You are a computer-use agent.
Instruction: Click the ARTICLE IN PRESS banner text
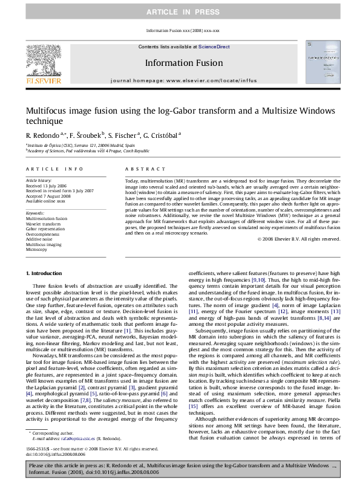tap(180, 11)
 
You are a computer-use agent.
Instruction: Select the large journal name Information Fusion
tap(180, 62)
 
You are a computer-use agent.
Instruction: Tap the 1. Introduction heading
tap(47, 274)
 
